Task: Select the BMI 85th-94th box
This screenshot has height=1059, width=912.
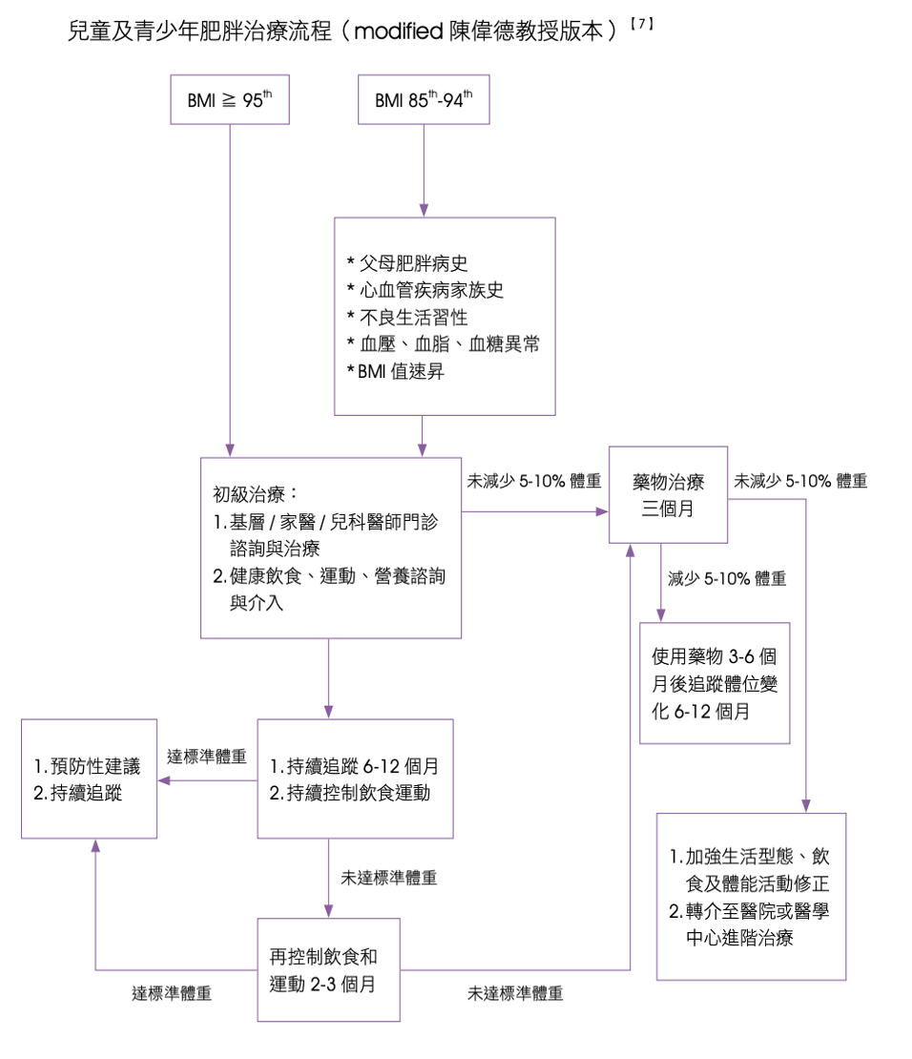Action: [x=424, y=99]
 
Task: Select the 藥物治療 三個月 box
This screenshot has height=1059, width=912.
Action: [x=668, y=494]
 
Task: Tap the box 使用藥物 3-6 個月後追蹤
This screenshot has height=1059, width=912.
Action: [x=715, y=683]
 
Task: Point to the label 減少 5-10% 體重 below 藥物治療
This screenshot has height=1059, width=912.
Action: [x=727, y=578]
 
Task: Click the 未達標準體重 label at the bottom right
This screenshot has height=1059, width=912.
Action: [x=515, y=994]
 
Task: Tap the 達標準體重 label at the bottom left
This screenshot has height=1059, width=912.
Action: [x=172, y=994]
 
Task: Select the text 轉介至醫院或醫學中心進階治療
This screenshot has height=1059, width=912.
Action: [x=749, y=924]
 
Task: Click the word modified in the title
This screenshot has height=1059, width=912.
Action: [x=397, y=31]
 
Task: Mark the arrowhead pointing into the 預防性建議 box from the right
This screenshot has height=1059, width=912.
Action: [x=164, y=780]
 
